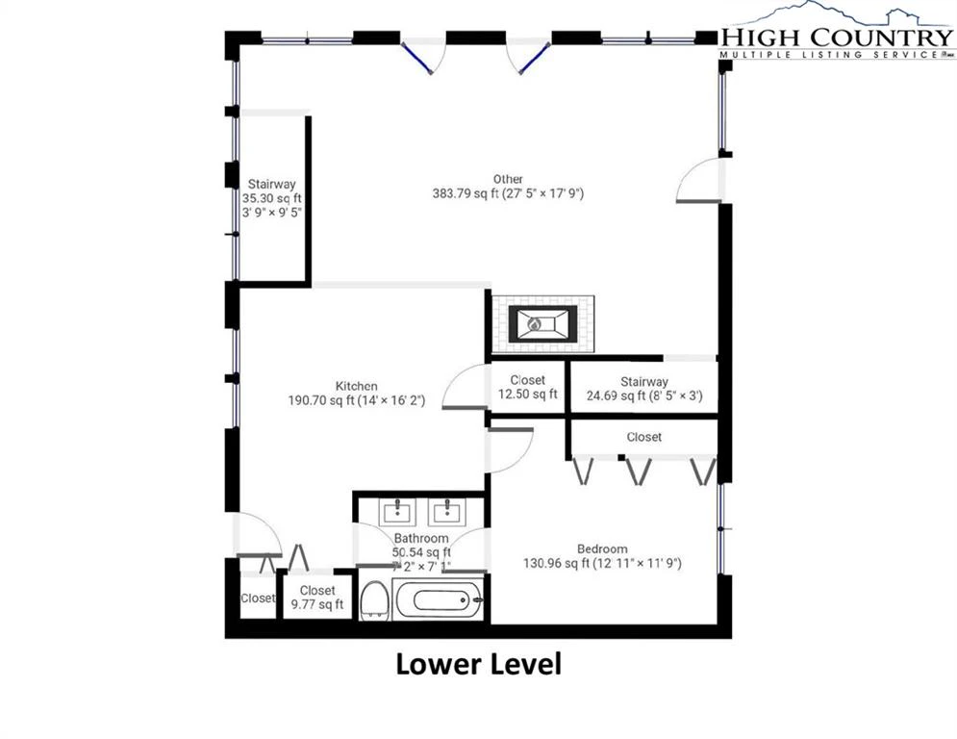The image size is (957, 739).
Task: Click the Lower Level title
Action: [479, 664]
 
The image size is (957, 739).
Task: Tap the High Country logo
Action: [837, 31]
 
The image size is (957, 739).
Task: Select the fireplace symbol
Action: [542, 323]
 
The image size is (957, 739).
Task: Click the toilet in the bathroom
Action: [375, 599]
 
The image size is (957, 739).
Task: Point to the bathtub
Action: [439, 599]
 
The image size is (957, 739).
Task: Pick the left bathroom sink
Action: [396, 512]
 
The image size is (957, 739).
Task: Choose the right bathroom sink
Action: [446, 512]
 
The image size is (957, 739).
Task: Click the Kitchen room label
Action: [357, 394]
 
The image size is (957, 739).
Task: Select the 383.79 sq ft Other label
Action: [508, 187]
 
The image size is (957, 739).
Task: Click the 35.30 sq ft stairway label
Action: [271, 198]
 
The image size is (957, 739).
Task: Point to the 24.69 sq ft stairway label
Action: [644, 389]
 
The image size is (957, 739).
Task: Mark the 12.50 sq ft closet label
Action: [527, 387]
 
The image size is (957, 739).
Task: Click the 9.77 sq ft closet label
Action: [317, 598]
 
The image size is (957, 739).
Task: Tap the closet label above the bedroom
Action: [643, 437]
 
